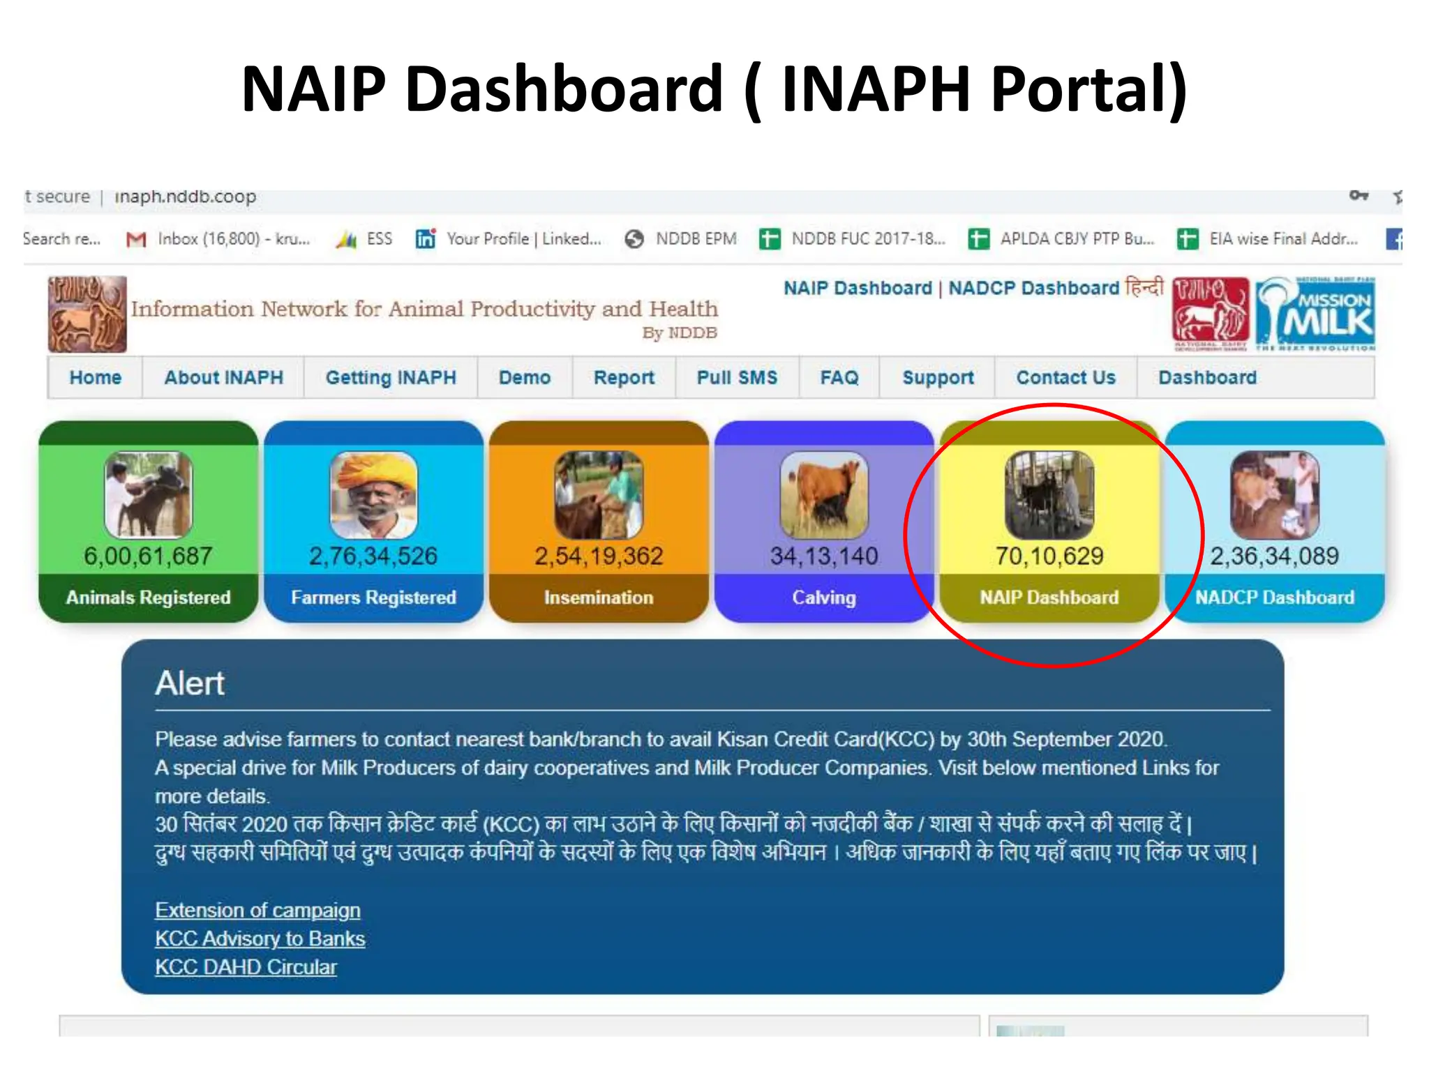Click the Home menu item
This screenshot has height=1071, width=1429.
click(x=96, y=378)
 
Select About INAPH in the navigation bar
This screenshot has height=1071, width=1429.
click(x=223, y=378)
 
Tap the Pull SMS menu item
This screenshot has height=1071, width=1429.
click(x=737, y=378)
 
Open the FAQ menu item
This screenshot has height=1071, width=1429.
click(x=839, y=378)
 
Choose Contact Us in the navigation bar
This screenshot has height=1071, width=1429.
click(x=1065, y=378)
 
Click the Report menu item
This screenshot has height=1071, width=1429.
click(x=624, y=378)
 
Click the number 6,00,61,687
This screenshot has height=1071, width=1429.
click(x=148, y=556)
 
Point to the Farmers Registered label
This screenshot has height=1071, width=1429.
click(x=373, y=598)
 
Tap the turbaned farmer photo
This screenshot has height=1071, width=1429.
click(x=373, y=495)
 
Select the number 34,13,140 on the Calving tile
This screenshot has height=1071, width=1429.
click(x=824, y=556)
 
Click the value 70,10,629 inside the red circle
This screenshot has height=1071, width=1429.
click(x=1049, y=556)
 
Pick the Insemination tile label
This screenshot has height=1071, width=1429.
click(x=599, y=598)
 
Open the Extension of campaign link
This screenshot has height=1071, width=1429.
click(x=257, y=911)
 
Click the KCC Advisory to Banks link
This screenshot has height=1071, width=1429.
click(x=260, y=939)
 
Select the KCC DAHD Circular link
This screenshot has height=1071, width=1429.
click(x=246, y=968)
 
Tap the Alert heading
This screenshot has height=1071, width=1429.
click(x=190, y=683)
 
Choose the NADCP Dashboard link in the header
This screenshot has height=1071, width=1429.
click(x=1033, y=288)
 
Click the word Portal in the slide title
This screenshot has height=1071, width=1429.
click(x=1088, y=89)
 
